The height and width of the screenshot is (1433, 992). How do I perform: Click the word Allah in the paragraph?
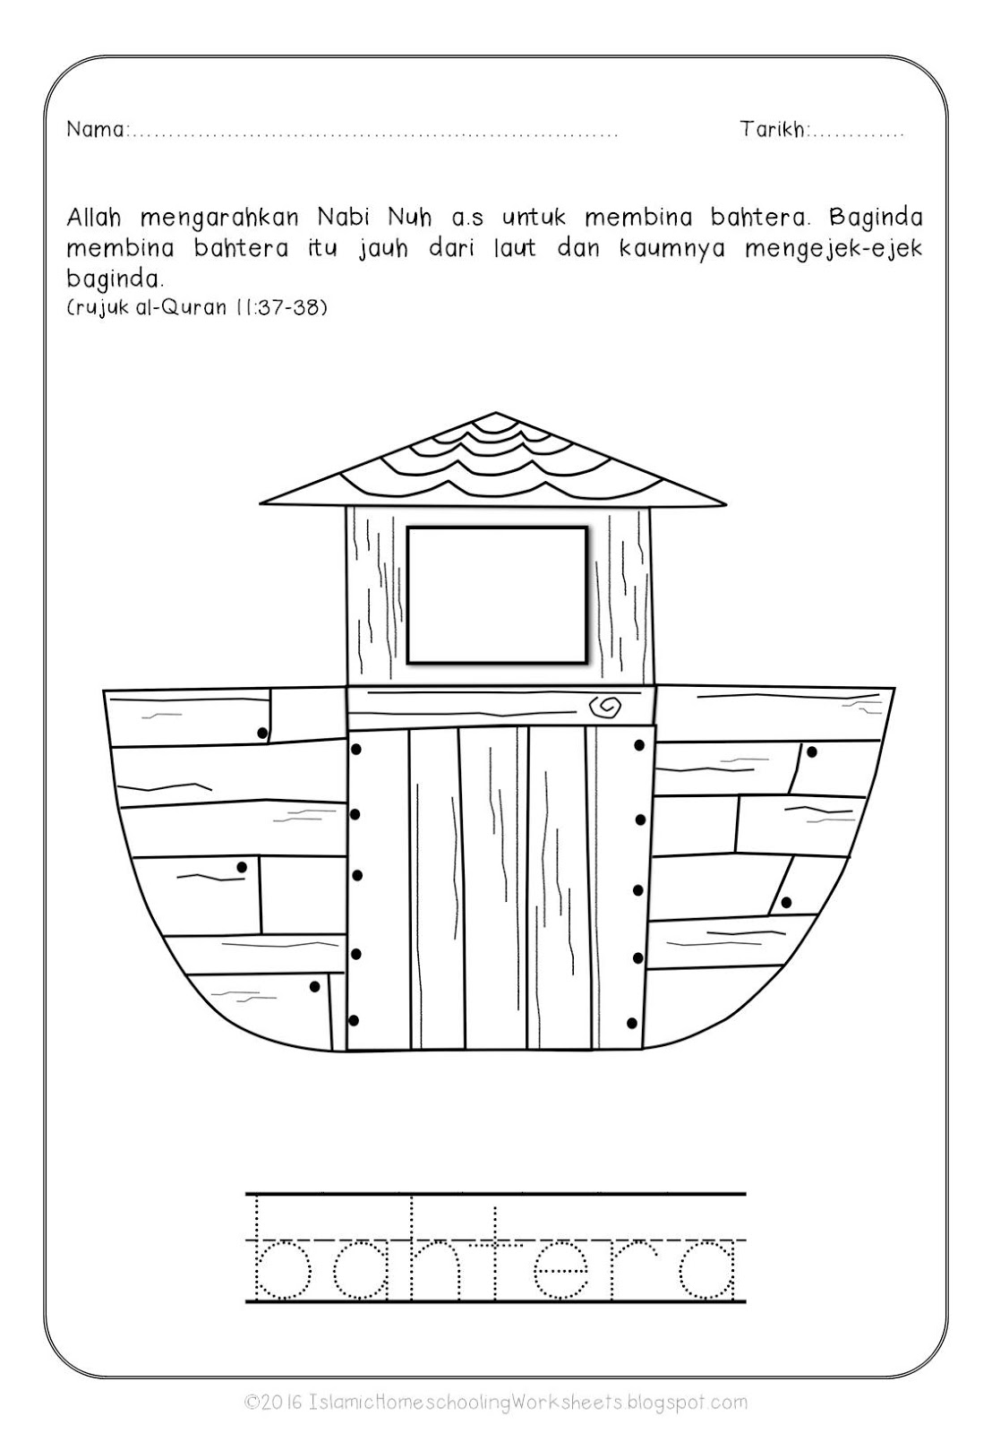(x=94, y=218)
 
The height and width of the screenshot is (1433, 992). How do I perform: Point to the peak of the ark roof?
(x=495, y=416)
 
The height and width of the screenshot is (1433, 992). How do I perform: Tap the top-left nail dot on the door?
(x=355, y=749)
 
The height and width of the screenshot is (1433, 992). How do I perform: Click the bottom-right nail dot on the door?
(x=633, y=1023)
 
